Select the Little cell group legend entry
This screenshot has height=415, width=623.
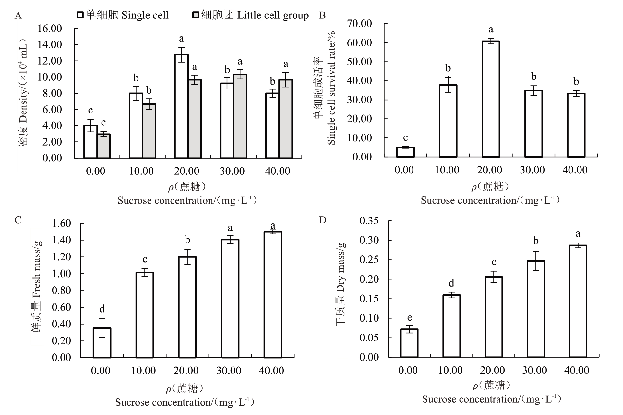pos(251,15)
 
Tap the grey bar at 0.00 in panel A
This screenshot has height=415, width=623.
pos(104,146)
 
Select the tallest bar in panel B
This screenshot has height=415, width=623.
pos(491,99)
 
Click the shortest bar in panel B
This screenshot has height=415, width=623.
pos(405,152)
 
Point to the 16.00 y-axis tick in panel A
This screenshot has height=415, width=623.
pos(50,29)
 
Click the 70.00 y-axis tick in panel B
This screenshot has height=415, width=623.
pos(359,24)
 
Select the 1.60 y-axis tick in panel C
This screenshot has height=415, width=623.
pos(61,223)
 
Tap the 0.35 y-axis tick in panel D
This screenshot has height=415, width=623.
pos(369,221)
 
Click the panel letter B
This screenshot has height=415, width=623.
pos(322,15)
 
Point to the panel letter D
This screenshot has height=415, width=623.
pos(322,220)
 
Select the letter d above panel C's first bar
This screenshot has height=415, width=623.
pos(102,309)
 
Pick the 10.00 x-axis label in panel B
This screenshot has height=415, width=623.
pos(447,170)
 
